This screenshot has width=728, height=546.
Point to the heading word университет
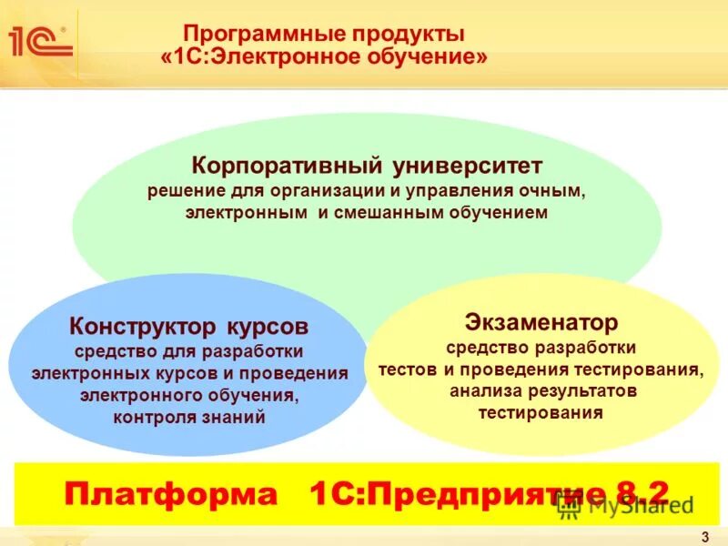tap(469, 167)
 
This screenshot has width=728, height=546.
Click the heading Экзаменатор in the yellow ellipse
tap(541, 322)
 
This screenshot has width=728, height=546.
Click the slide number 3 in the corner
tap(705, 537)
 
